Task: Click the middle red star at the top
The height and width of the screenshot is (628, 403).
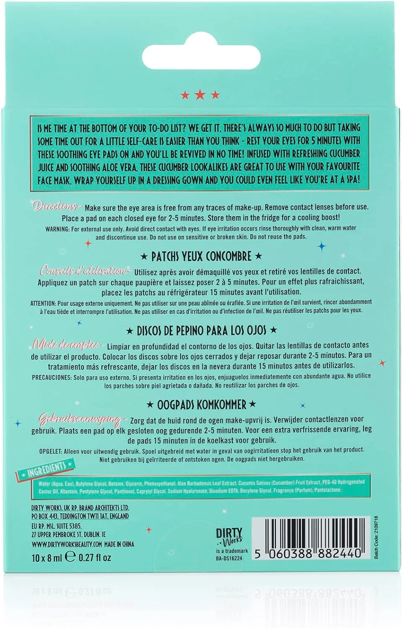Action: point(200,95)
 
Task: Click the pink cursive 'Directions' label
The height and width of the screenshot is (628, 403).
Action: point(55,206)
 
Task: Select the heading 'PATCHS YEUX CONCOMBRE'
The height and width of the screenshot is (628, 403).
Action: point(201,256)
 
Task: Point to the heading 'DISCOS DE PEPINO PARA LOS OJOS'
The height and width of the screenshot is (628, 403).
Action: point(201,330)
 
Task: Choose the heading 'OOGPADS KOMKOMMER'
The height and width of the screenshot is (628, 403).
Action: point(201,404)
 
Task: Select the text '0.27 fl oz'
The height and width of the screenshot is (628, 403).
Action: point(95,558)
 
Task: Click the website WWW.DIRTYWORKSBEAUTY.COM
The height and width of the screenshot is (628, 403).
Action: point(67,544)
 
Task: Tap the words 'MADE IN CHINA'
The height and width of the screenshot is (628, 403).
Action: point(120,544)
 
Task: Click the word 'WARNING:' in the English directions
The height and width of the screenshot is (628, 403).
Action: point(57,229)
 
